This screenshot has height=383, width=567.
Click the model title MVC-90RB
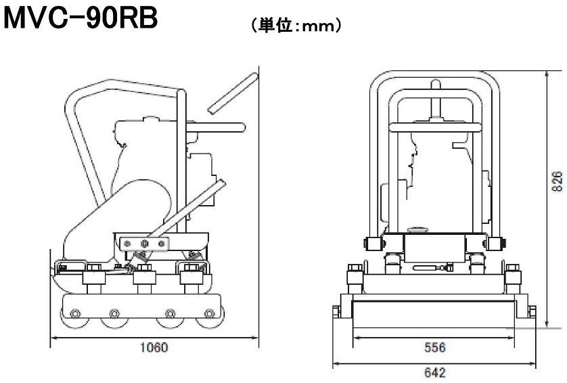(x=81, y=20)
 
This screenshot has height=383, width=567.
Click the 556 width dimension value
(x=434, y=347)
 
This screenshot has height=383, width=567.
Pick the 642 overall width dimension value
(x=434, y=371)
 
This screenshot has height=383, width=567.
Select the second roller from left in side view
(x=112, y=321)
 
